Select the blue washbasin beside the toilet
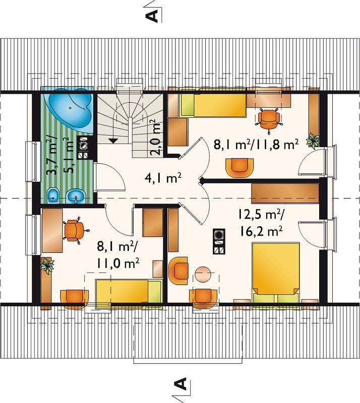[76, 196]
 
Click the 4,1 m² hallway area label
[163, 178]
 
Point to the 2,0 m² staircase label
[156, 138]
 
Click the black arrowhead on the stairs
[113, 141]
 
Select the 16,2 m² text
[262, 231]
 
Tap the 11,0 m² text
[118, 263]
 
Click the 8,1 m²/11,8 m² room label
[256, 145]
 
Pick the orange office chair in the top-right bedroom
[269, 119]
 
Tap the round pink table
[203, 275]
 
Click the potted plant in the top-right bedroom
[313, 141]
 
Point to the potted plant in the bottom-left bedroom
[47, 265]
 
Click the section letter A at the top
[152, 16]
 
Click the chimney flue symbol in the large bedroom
[219, 242]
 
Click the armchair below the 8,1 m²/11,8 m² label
[239, 168]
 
